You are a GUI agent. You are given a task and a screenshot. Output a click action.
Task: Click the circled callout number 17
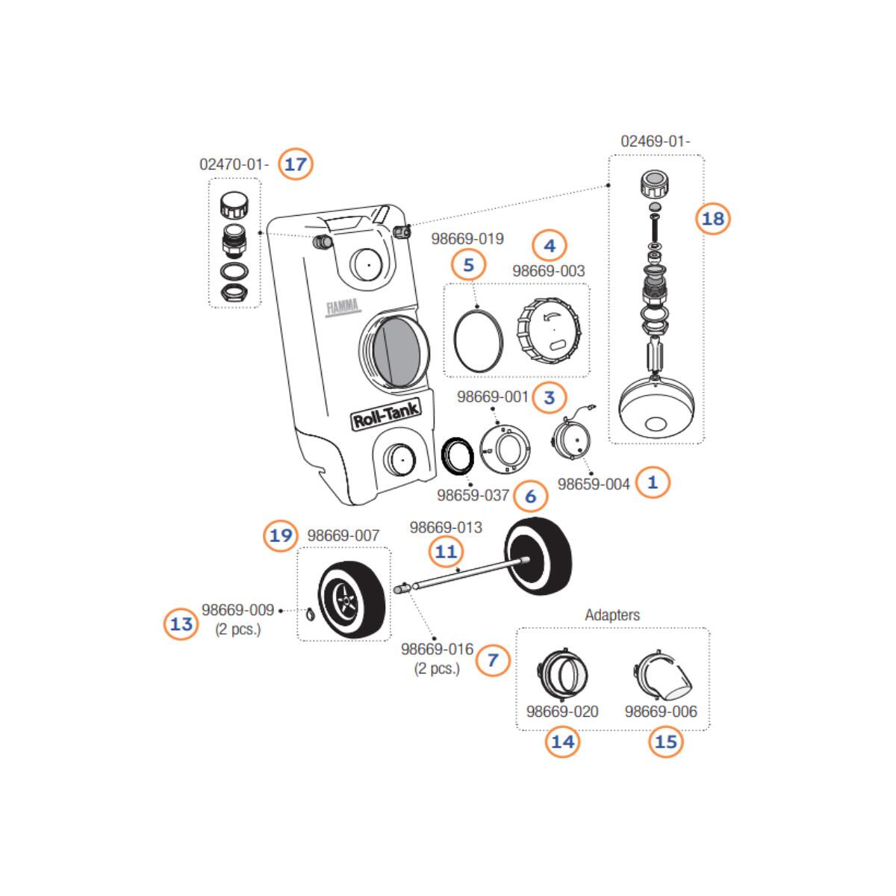pos(296,164)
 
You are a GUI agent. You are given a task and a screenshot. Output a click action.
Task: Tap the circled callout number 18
pos(713,218)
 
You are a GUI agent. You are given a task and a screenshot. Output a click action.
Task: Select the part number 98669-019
pos(467,239)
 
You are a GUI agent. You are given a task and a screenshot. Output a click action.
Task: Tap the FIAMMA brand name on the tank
pos(343,306)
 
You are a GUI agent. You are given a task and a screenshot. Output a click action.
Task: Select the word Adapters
pos(612,615)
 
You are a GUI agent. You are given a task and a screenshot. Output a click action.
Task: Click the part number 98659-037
pos(473,495)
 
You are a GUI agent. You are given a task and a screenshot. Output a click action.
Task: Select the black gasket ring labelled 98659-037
pos(457,456)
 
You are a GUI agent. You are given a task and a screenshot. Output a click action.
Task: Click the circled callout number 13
pos(181,623)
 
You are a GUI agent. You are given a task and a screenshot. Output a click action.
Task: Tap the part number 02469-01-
pos(656,141)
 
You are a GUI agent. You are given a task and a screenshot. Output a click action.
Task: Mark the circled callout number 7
pos(493,659)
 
